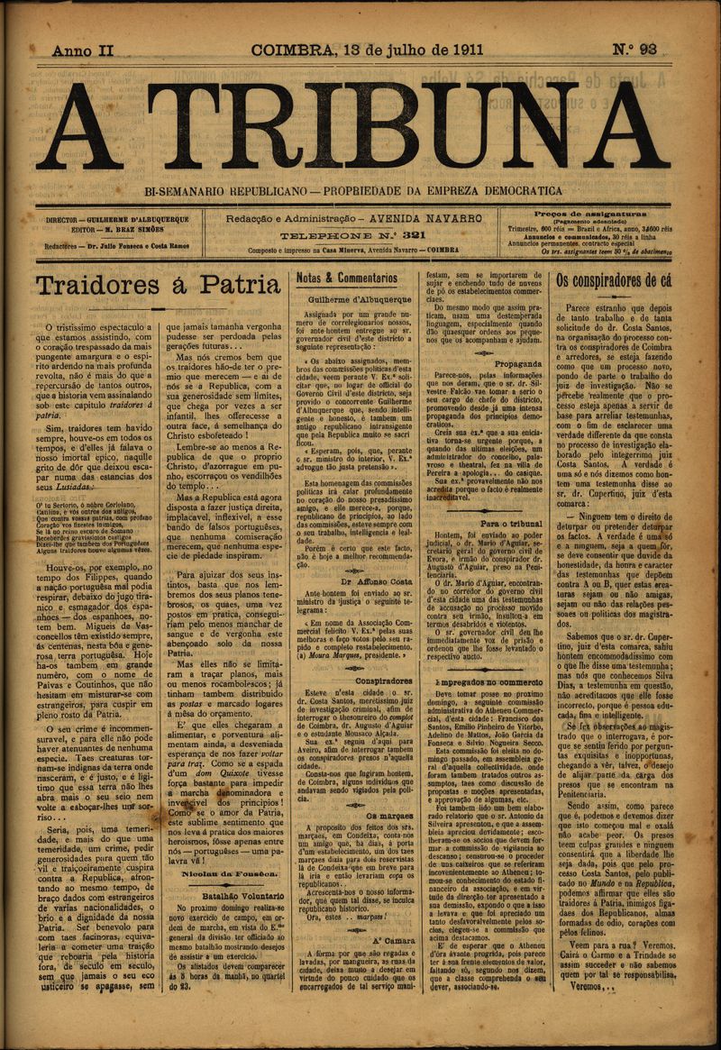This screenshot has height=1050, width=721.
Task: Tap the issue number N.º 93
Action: (x=635, y=50)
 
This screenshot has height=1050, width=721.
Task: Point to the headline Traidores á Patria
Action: (x=158, y=286)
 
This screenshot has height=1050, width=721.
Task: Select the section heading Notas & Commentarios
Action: (x=347, y=278)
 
